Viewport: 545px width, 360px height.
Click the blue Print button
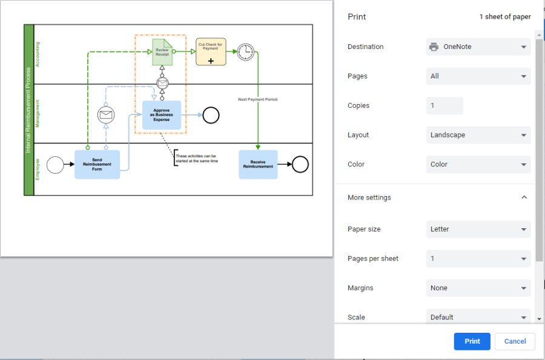(472, 341)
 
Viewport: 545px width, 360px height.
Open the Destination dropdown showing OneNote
(478, 47)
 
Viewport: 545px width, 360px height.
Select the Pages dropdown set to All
(478, 76)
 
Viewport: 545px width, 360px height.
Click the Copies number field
(444, 105)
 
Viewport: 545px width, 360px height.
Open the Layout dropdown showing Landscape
(478, 135)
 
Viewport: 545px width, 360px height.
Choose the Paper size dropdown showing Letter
(478, 229)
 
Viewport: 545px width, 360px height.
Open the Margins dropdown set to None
(478, 288)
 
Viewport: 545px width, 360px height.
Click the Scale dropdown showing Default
(478, 317)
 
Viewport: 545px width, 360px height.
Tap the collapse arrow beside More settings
(524, 197)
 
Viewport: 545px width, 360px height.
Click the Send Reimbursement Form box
(97, 165)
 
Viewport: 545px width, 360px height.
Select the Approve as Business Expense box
(162, 115)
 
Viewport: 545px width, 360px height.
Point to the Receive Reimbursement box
(258, 165)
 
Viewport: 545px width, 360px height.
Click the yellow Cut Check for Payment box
(211, 52)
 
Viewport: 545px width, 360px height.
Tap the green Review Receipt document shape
(162, 52)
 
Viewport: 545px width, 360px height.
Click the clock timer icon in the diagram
(245, 52)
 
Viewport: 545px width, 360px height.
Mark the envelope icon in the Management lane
(106, 114)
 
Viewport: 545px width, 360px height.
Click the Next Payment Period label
(257, 99)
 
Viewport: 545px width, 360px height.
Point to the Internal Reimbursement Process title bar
(28, 110)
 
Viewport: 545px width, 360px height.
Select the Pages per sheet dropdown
(478, 258)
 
